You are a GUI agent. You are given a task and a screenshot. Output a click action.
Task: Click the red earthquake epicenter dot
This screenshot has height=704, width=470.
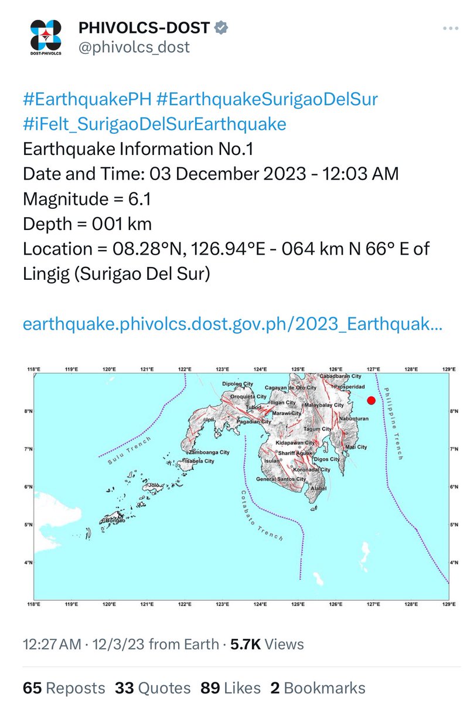point(371,401)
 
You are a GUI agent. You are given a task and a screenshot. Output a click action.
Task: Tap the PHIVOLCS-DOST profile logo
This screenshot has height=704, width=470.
point(45,36)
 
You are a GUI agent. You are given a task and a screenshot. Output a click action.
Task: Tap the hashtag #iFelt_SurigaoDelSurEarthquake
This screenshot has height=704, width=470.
point(155,124)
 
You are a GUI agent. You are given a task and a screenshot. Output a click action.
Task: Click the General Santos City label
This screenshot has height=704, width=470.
point(281,479)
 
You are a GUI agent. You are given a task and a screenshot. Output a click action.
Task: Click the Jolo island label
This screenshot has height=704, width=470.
point(154,486)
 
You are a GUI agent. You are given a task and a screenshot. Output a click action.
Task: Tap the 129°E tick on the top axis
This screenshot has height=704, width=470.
point(449,369)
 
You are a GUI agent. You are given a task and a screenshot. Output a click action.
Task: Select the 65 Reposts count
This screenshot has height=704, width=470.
point(64,688)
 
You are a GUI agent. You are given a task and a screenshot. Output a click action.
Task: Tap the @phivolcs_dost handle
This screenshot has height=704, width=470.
point(134,47)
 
